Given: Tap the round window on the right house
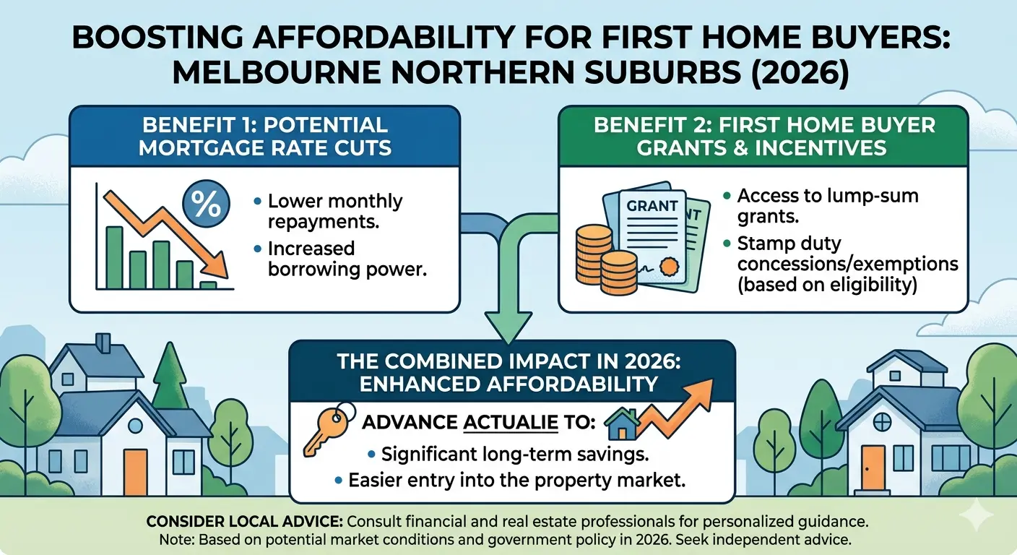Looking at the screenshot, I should point(883,421).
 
